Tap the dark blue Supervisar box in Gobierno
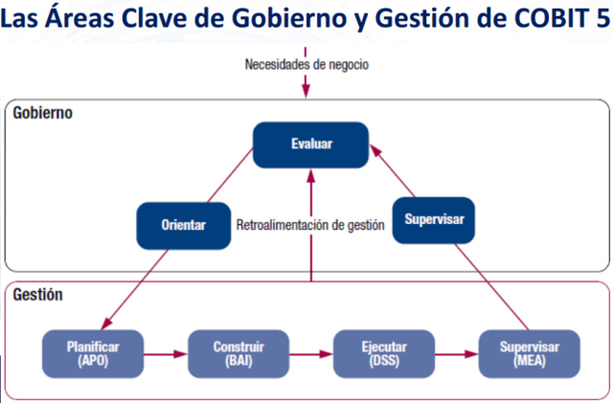[x=434, y=219]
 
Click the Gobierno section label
[x=43, y=113]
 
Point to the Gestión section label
[x=39, y=295]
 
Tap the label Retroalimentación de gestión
[x=310, y=226]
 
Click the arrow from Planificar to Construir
[x=166, y=353]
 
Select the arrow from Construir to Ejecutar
[x=310, y=353]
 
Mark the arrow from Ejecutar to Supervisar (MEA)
[x=456, y=353]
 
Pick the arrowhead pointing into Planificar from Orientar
[x=107, y=324]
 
